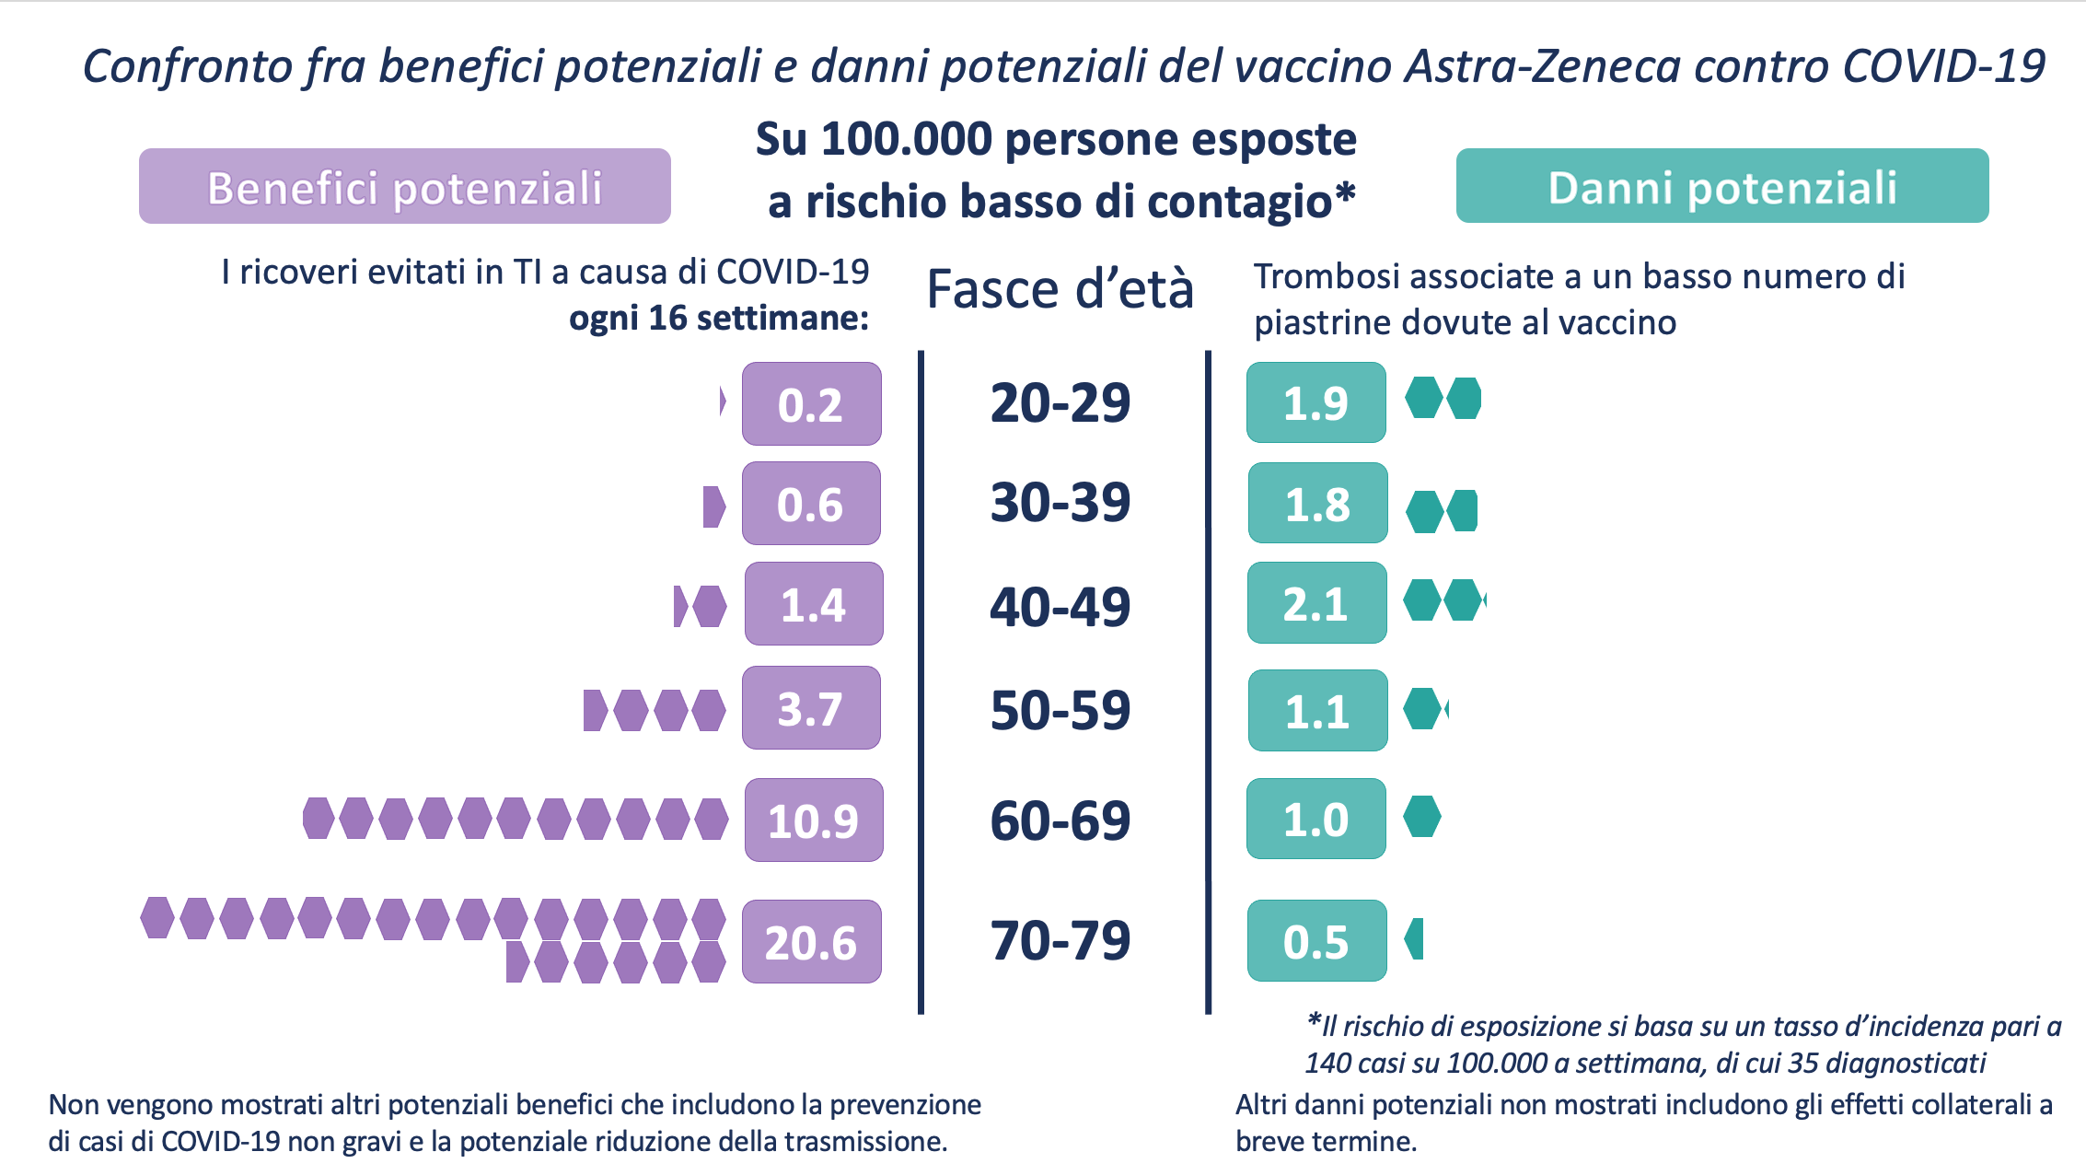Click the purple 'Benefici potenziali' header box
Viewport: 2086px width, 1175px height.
[x=404, y=186]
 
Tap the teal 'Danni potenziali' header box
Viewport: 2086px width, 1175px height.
[x=1721, y=186]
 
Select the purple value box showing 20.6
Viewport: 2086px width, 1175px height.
[x=811, y=941]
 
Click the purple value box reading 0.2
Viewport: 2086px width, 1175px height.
[x=811, y=403]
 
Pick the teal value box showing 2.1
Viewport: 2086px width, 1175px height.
[x=1316, y=603]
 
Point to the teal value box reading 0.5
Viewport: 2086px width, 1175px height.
[x=1316, y=940]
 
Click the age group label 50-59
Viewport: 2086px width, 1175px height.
[x=1060, y=710]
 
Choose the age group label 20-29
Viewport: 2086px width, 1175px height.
[x=1060, y=402]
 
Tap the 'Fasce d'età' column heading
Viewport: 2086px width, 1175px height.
[x=1060, y=289]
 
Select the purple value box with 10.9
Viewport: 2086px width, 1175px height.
[x=813, y=820]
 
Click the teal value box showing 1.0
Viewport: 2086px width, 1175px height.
[x=1315, y=819]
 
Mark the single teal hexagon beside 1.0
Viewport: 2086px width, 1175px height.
[x=1422, y=817]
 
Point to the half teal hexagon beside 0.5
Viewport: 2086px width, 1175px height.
[x=1415, y=939]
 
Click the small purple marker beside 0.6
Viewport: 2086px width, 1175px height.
[x=713, y=506]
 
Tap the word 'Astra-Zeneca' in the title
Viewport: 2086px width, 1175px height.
[x=1542, y=66]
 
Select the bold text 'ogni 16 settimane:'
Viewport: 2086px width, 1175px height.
[x=719, y=318]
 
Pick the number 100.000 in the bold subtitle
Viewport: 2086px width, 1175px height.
[x=906, y=140]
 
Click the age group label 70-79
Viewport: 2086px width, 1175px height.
[x=1060, y=940]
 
